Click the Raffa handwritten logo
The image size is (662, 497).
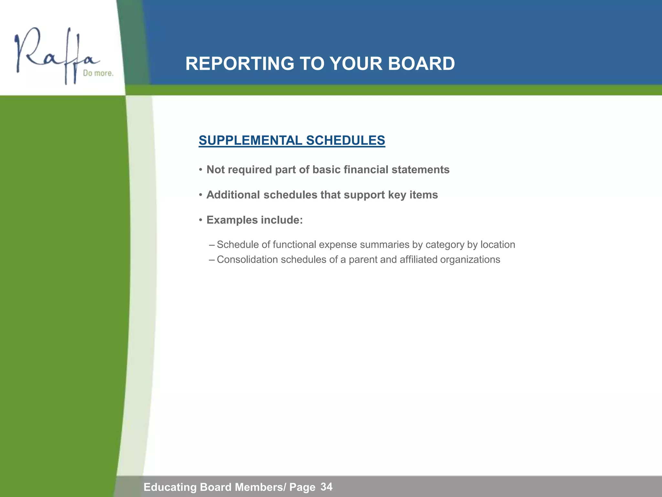tap(55, 55)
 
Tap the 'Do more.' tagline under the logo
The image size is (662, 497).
tap(98, 73)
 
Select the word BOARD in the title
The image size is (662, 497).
tap(421, 63)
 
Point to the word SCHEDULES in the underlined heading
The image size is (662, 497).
tap(346, 140)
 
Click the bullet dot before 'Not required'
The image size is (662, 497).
tap(200, 170)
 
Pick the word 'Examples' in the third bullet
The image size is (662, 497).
tap(232, 220)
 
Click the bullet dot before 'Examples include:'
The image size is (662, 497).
tap(200, 220)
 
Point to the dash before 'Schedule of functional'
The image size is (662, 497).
tap(212, 245)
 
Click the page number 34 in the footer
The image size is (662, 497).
tap(326, 487)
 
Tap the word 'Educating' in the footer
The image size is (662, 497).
tap(170, 487)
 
